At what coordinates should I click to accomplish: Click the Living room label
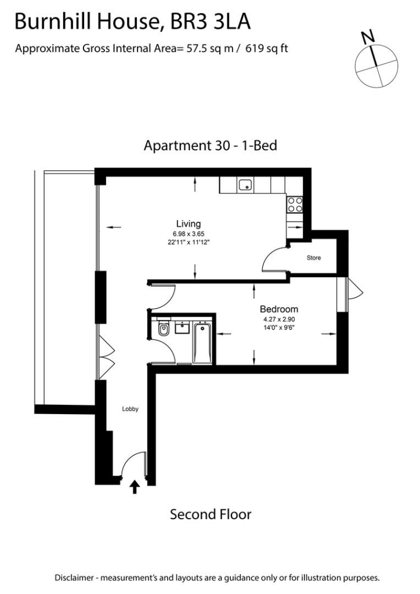tap(188, 223)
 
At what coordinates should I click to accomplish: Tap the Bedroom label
tap(279, 309)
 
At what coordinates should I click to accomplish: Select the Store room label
tap(313, 258)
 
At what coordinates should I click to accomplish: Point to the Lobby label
tap(130, 408)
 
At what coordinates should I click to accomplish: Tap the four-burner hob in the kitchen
tap(295, 204)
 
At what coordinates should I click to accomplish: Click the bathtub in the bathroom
tap(203, 342)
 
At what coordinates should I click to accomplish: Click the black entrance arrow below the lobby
tap(135, 486)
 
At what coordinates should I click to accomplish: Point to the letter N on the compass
tap(367, 38)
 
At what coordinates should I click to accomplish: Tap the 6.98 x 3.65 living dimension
tap(188, 233)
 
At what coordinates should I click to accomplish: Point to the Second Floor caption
tap(210, 514)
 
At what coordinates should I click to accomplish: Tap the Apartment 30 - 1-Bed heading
tap(210, 145)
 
